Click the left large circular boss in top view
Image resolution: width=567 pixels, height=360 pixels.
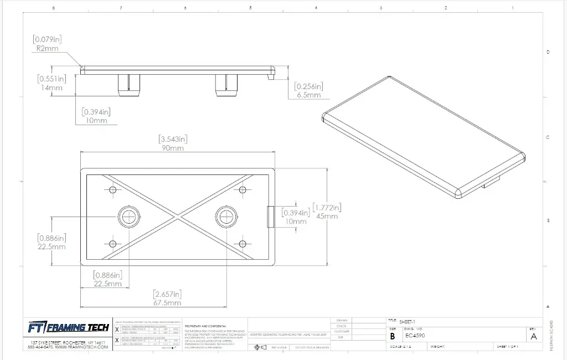tap(130, 216)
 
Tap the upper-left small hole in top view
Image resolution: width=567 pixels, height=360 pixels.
tap(114, 190)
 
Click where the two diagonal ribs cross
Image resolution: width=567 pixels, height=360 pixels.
tap(178, 217)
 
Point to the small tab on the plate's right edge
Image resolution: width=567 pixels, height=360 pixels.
tap(270, 217)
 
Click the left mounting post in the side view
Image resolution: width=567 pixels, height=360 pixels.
tap(128, 84)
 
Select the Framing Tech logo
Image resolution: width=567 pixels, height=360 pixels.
tap(69, 327)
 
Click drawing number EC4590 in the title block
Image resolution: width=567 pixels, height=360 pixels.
tap(415, 336)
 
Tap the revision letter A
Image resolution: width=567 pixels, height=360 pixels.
tap(533, 336)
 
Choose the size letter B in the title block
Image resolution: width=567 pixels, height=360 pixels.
tap(393, 336)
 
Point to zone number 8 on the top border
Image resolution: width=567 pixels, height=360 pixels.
tap(53, 8)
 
